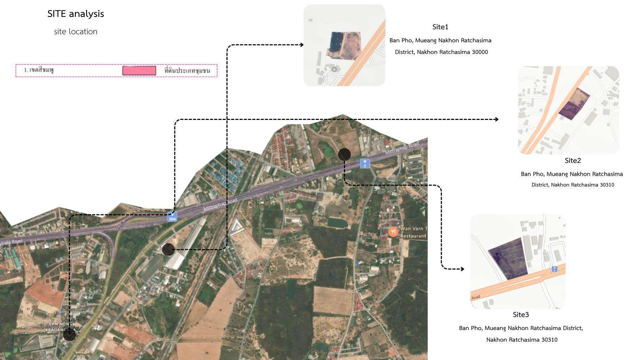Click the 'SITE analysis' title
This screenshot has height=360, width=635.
[x=75, y=14]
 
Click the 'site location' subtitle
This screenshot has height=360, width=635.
[x=75, y=31]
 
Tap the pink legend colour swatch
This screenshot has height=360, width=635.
[x=139, y=71]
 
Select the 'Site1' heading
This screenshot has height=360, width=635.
[x=440, y=27]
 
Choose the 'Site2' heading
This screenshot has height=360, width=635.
[x=573, y=160]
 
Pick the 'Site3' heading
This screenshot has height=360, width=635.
[x=521, y=315]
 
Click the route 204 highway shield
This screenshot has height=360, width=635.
[x=172, y=217]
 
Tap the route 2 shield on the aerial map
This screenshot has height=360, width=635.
[x=365, y=164]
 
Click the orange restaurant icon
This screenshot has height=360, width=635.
[x=393, y=232]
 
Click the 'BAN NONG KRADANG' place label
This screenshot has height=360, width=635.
[x=60, y=327]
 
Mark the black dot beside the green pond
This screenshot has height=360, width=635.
[x=344, y=154]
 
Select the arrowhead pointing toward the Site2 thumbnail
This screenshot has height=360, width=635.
[x=496, y=119]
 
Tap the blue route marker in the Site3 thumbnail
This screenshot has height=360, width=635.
[x=554, y=269]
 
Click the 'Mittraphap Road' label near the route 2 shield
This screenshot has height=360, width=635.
[x=402, y=148]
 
